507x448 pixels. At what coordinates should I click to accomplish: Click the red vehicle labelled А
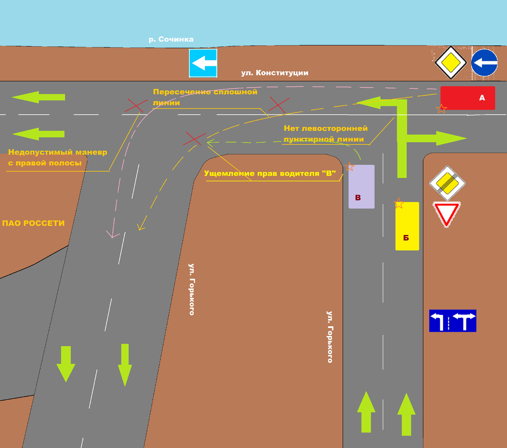coord(467,98)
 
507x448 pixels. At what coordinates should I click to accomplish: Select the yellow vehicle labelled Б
coord(407,226)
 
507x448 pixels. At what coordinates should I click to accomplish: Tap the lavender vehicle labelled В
coord(361,186)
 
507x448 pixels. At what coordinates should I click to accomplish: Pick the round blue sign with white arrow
coord(484,63)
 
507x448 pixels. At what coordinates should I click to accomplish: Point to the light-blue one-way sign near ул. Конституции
coord(203,63)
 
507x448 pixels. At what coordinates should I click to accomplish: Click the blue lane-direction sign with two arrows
coord(452,321)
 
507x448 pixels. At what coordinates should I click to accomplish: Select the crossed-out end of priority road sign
coord(447,183)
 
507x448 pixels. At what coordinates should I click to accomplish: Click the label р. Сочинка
coord(171,39)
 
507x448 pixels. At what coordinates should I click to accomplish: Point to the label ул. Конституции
coord(274,73)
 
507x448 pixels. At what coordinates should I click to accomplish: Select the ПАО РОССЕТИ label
coord(33,223)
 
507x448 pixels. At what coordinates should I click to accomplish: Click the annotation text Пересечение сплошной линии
coord(205,97)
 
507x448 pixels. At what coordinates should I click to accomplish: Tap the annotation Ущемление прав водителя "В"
coord(270,173)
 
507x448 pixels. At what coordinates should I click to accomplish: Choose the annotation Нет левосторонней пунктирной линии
coord(325,134)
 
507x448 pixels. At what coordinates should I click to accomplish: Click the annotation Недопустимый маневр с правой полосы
coord(57,157)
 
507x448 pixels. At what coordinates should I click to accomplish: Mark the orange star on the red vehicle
coord(441,109)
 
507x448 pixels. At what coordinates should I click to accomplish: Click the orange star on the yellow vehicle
coord(399,203)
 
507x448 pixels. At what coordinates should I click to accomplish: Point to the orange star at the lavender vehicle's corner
coord(349,167)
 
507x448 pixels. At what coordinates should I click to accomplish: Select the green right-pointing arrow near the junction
coord(439,138)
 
